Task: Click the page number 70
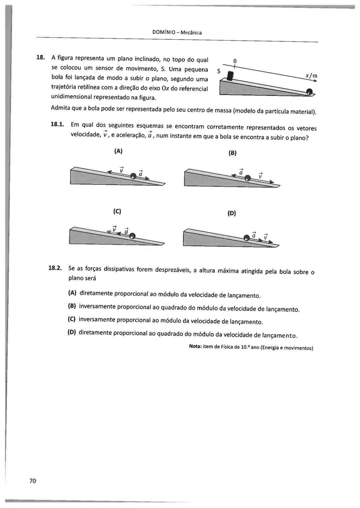[x=33, y=481]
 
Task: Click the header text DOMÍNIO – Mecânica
[x=177, y=32]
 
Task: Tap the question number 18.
[x=40, y=57]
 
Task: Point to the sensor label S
[x=219, y=71]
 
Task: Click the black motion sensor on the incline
[x=230, y=76]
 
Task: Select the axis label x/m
[x=311, y=76]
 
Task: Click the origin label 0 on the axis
[x=235, y=61]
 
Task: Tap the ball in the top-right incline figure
[x=309, y=91]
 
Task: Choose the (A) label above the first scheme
[x=118, y=151]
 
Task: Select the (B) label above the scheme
[x=232, y=153]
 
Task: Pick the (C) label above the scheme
[x=117, y=211]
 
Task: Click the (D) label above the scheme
[x=232, y=213]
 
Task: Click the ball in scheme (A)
[x=133, y=176]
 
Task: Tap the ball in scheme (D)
[x=247, y=238]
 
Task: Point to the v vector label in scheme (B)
[x=261, y=175]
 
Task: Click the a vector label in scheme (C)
[x=126, y=231]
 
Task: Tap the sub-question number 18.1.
[x=57, y=124]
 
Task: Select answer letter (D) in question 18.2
[x=72, y=332]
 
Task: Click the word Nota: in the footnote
[x=195, y=346]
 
